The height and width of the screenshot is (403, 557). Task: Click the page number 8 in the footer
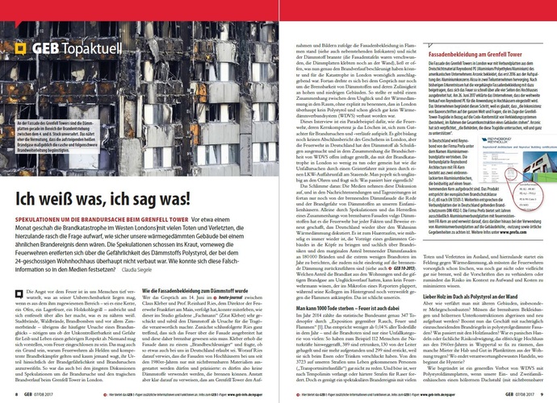pyautogui.click(x=18, y=396)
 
